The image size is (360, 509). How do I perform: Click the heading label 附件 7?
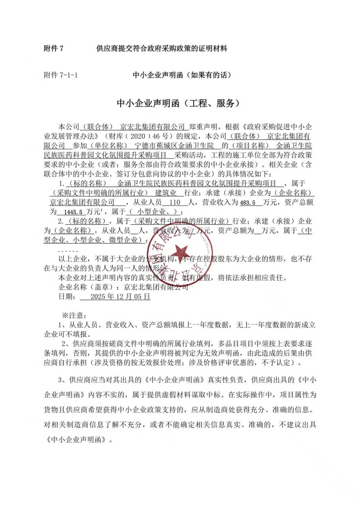54,49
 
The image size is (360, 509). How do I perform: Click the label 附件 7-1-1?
61,75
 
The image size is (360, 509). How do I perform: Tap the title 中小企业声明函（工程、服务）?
179,103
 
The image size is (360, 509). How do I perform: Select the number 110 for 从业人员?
175,202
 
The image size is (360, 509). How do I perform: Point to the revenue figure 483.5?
248,203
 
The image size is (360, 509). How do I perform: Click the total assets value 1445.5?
73,212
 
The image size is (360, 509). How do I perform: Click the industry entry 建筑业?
166,193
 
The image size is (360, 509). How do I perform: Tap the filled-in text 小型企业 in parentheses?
151,212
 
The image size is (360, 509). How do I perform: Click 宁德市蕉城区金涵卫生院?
174,146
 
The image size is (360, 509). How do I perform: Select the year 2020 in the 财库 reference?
138,137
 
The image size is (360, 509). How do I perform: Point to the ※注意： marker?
74,315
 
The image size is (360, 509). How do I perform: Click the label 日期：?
67,297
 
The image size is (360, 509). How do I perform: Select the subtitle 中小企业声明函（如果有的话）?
182,75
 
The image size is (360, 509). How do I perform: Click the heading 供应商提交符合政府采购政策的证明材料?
162,49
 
